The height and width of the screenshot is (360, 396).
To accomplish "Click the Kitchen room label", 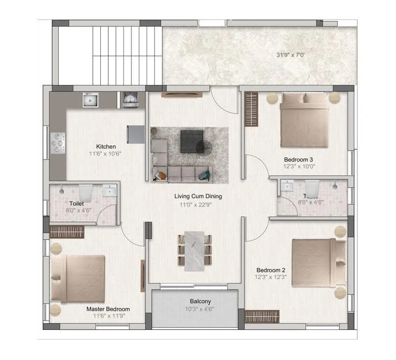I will pyautogui.click(x=106, y=147).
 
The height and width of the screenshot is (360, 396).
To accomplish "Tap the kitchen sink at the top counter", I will pyautogui.click(x=90, y=100).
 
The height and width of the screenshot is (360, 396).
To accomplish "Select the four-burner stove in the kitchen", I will pyautogui.click(x=58, y=143).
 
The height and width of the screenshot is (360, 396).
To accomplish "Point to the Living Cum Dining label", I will pyautogui.click(x=198, y=196).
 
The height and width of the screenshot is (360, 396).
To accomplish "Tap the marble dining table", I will pyautogui.click(x=195, y=251).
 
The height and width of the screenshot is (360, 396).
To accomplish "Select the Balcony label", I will pyautogui.click(x=200, y=301).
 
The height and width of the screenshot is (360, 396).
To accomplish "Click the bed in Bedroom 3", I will pyautogui.click(x=304, y=121).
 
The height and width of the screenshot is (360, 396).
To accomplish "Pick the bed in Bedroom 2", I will pyautogui.click(x=316, y=263).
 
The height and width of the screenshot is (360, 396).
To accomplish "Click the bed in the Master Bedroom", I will pyautogui.click(x=79, y=279).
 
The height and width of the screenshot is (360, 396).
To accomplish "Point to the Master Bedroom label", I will pyautogui.click(x=108, y=309).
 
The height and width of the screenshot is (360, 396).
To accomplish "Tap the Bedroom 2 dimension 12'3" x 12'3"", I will pyautogui.click(x=271, y=278).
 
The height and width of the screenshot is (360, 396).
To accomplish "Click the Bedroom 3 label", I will pyautogui.click(x=298, y=160).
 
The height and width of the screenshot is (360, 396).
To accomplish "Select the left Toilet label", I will pyautogui.click(x=77, y=203).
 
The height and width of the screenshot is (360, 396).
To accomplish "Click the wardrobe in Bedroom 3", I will pyautogui.click(x=251, y=109).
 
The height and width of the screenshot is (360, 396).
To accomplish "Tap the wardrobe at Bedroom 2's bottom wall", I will pyautogui.click(x=262, y=316).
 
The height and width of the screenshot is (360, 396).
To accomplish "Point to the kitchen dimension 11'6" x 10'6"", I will pyautogui.click(x=105, y=154).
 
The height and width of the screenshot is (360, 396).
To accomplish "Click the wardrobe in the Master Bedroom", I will pyautogui.click(x=67, y=232).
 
